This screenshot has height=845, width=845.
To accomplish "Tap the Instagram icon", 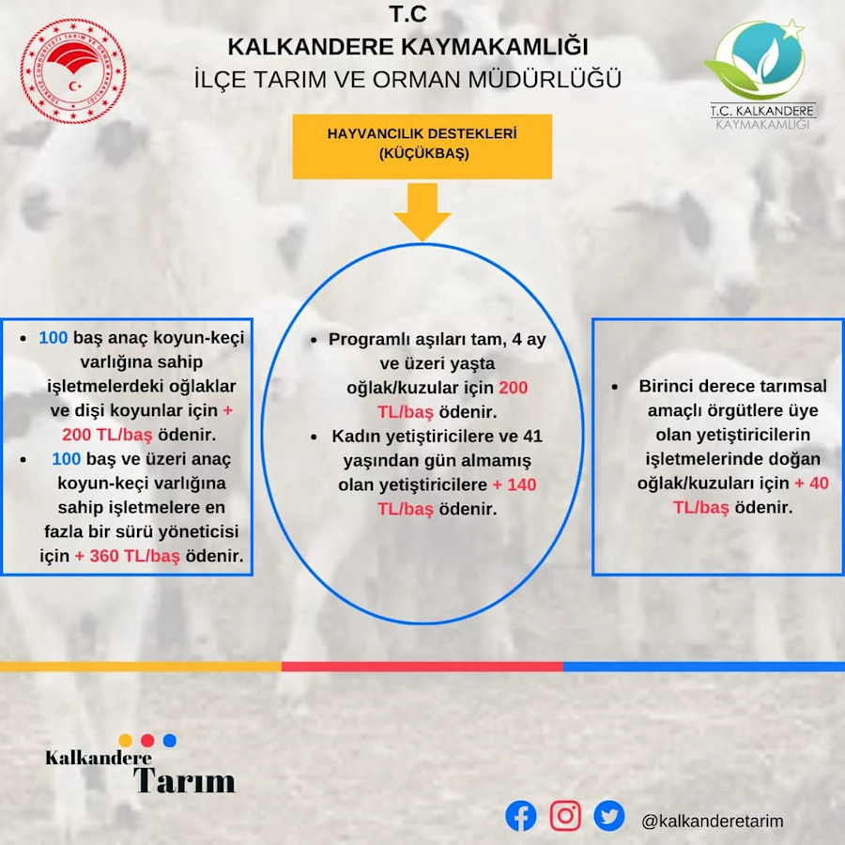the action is (565, 815).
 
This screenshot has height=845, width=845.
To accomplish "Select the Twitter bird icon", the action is (609, 815).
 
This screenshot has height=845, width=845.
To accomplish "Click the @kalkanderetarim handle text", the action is (713, 821).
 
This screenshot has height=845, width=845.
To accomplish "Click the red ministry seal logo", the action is (73, 70).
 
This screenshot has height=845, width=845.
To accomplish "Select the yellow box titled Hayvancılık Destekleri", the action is (422, 146).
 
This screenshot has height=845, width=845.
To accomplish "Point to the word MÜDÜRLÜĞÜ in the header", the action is (545, 79).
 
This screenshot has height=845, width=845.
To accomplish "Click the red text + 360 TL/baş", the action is (127, 556).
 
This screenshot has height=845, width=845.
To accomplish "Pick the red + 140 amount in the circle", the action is (515, 484).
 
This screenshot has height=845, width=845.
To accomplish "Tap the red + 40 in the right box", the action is (811, 483).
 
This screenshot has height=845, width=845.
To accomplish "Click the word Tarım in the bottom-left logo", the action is (184, 780).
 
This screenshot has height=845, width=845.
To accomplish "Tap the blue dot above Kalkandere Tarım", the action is (170, 740).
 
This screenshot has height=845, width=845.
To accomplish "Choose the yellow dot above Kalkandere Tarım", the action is (126, 740).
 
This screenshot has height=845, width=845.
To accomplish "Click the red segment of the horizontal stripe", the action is (422, 667).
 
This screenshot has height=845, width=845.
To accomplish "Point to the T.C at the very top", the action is (408, 14).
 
